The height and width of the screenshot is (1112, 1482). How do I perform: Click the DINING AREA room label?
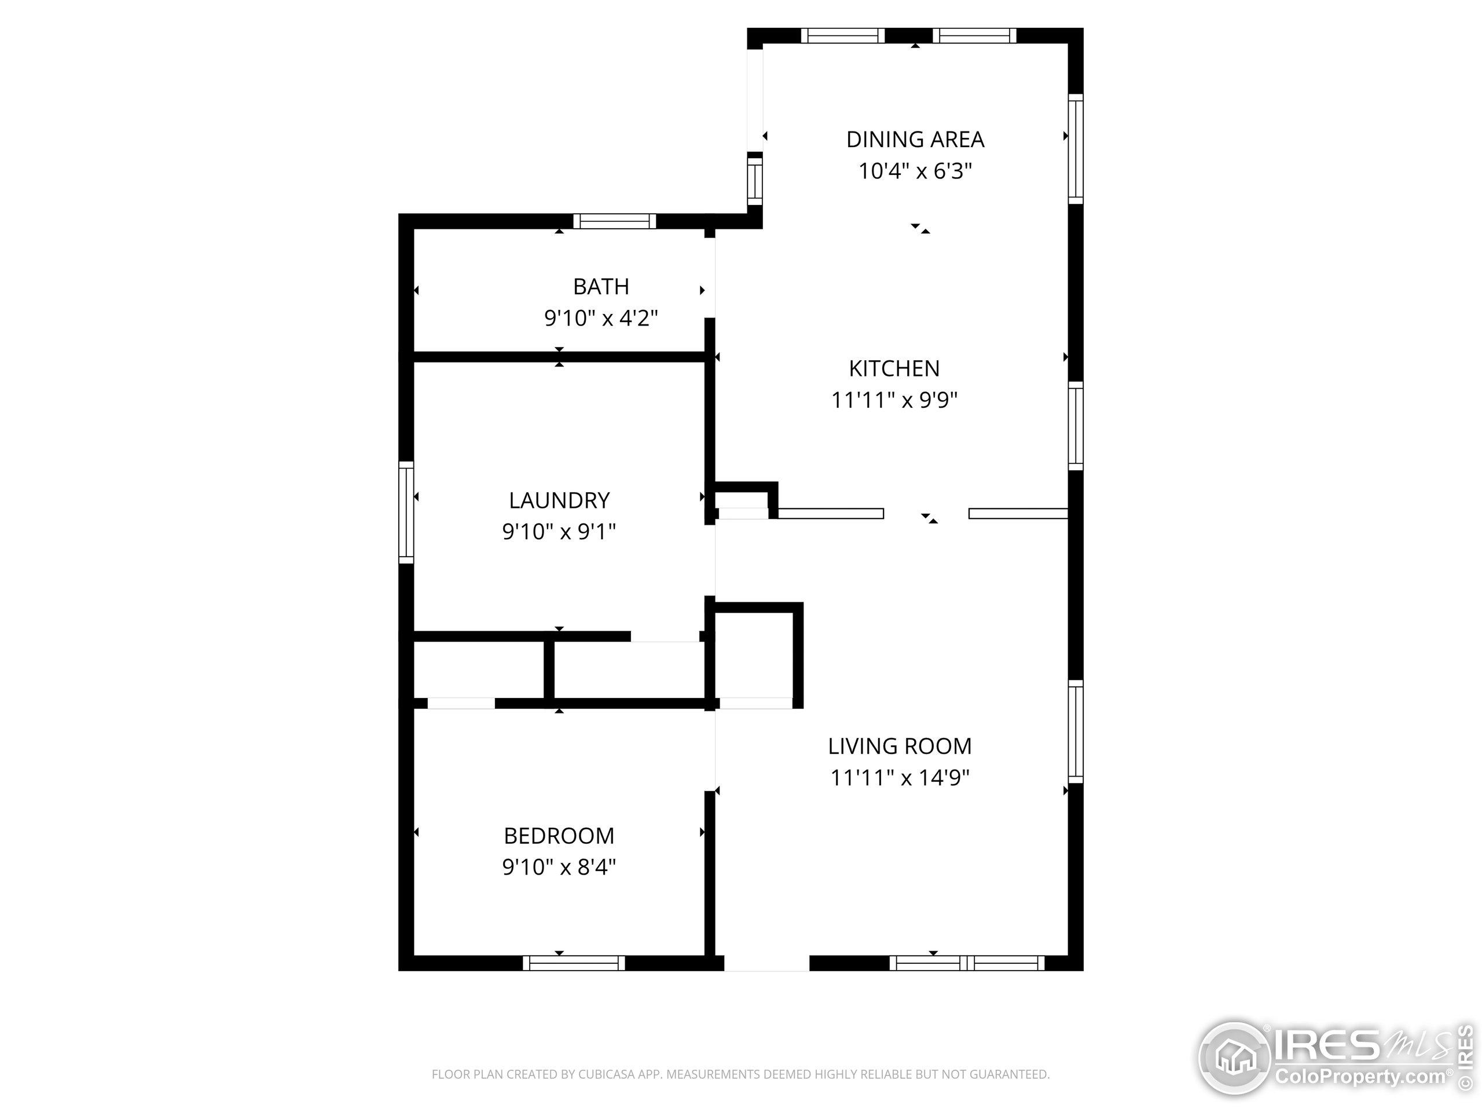coord(915,140)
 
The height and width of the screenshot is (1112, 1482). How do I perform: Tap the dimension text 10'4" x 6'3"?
coord(915,171)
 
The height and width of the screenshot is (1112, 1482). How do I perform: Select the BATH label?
coord(601,286)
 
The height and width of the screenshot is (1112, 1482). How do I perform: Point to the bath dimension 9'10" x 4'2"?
coord(601,318)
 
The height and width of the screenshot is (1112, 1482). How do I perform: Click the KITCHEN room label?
coord(894,368)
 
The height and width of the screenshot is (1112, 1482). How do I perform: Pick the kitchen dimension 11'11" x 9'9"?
coord(894,400)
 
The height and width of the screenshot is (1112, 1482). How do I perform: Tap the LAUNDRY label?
coord(559,500)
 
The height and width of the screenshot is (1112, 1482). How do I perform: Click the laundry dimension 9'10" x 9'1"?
coord(559,532)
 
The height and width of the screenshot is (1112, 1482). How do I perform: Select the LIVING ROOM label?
coord(900,746)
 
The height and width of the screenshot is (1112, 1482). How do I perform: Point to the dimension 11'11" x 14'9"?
coord(900,777)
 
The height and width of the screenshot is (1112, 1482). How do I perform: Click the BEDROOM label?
coord(559,836)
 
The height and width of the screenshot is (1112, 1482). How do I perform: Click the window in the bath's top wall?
coord(614,221)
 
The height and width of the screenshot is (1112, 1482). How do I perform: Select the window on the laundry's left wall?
coord(406,512)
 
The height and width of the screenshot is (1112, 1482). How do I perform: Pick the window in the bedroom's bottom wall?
coord(574,963)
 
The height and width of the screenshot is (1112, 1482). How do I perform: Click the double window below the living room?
coord(967,963)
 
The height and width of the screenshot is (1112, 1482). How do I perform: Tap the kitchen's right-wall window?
coord(1076,426)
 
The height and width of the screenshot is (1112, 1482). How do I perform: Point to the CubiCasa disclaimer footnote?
coord(740,1074)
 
